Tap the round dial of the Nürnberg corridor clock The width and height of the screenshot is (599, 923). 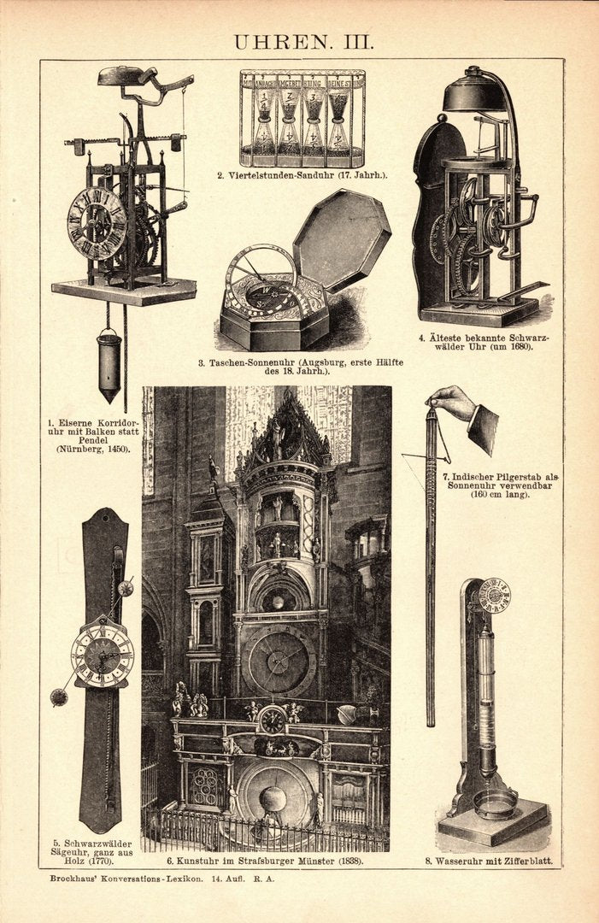click(x=97, y=222)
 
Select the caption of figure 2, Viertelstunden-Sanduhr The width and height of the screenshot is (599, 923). click(x=302, y=176)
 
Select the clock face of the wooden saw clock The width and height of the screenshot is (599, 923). click(x=102, y=656)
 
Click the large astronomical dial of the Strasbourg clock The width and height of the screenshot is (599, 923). click(x=278, y=661)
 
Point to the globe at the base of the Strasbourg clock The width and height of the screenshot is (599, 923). click(x=273, y=800)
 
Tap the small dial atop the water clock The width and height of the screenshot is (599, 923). click(x=493, y=595)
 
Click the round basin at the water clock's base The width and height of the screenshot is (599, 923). click(x=496, y=802)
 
